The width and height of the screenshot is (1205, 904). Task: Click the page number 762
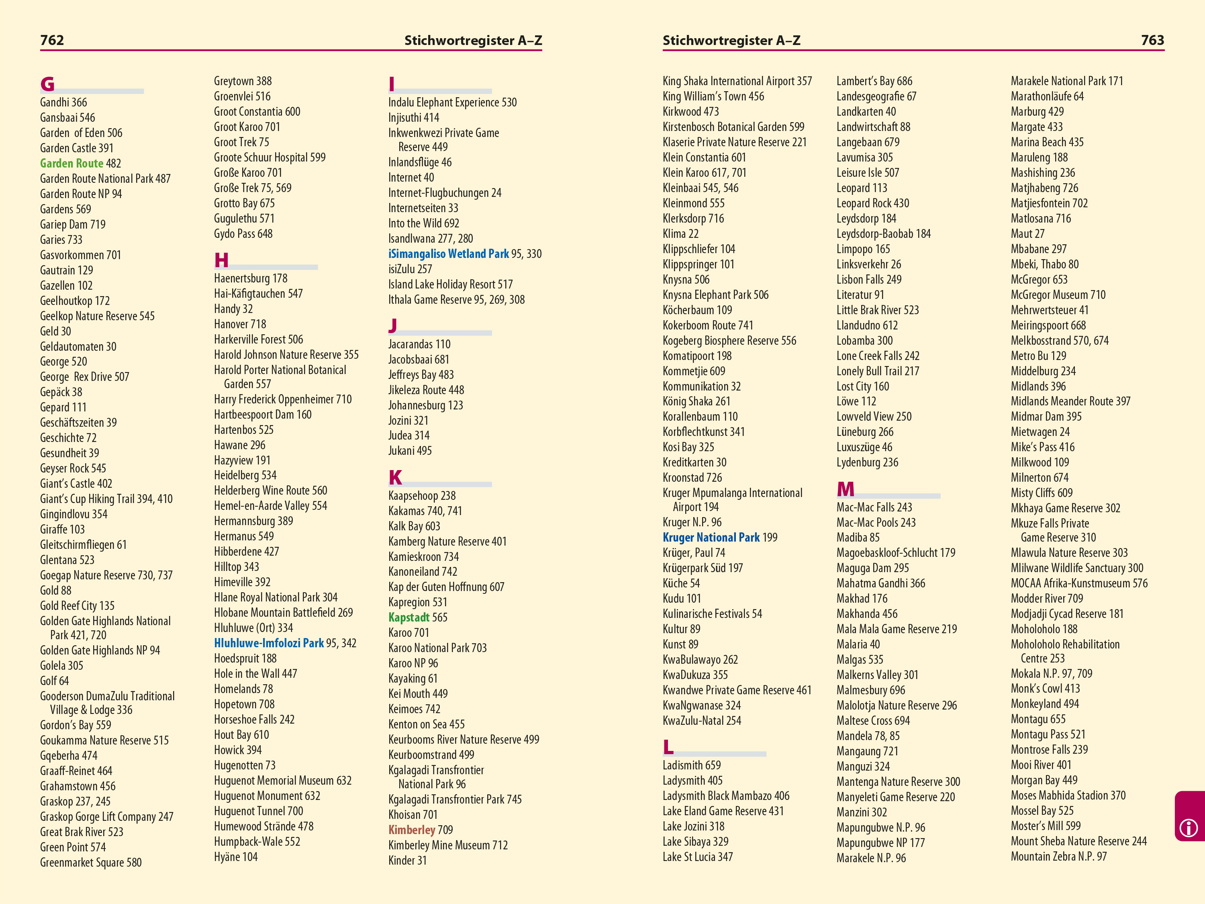point(52,40)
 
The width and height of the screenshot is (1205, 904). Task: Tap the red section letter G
point(47,84)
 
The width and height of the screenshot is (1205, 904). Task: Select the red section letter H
point(221,260)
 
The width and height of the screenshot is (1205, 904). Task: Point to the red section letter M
point(846,489)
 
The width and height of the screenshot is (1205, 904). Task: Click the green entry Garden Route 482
point(80,164)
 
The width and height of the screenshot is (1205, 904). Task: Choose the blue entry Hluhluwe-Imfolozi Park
point(269,643)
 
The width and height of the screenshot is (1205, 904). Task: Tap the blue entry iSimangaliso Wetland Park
point(448,254)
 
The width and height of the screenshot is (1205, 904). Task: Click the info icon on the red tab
point(1188,828)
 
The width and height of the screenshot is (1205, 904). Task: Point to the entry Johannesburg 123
point(425,405)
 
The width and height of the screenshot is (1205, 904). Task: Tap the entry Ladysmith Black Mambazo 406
point(726,796)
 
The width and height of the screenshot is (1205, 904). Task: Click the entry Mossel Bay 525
point(1042,811)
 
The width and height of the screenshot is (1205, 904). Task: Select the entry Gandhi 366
point(63,102)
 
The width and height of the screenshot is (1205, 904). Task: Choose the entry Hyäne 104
point(235,857)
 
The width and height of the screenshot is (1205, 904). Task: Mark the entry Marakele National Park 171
point(1067,81)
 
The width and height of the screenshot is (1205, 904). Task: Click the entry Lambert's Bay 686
point(874,81)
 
